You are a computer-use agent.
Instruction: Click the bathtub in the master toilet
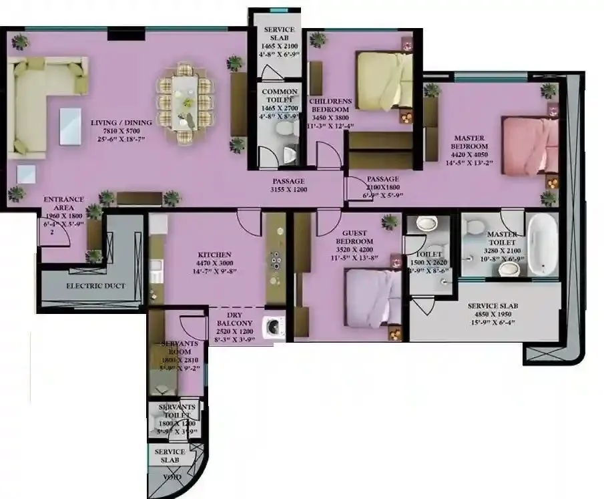coord(542,244)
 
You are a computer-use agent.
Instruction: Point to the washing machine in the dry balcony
coord(274,327)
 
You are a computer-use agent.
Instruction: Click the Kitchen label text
coord(214,255)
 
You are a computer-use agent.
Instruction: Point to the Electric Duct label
coord(95,286)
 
